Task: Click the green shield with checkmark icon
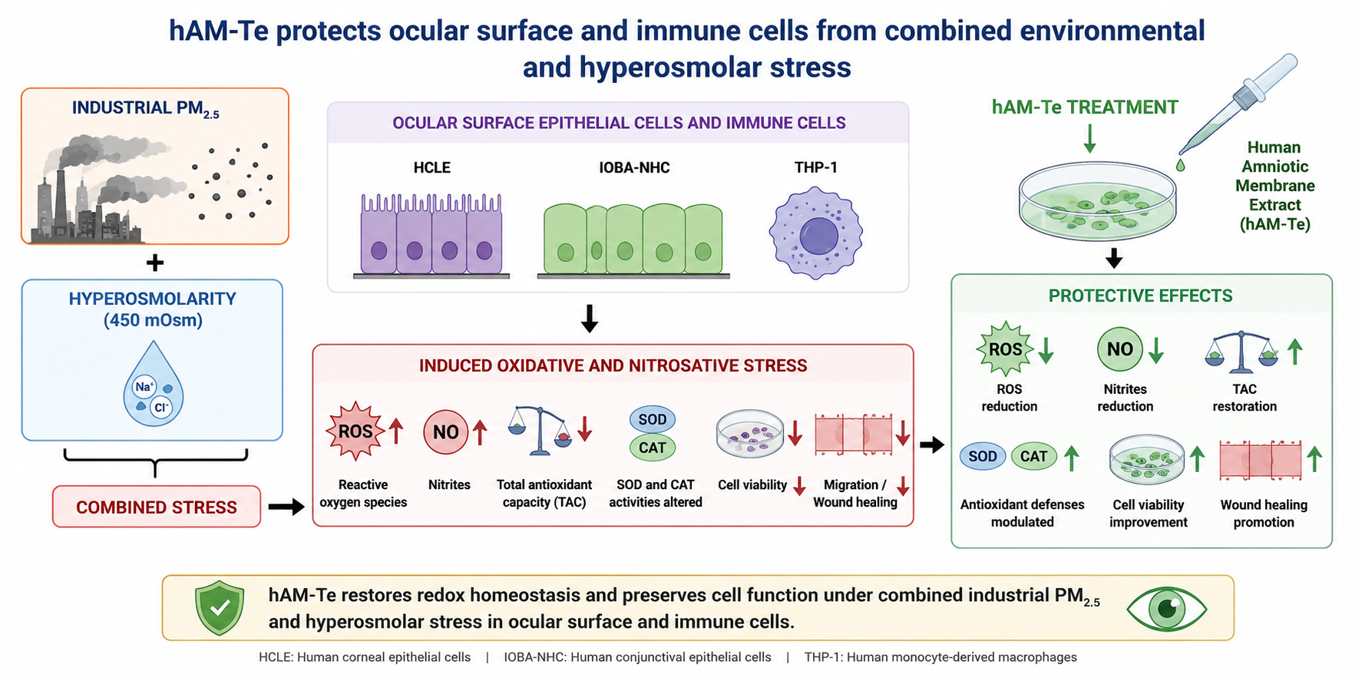click(220, 608)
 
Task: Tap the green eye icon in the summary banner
click(1166, 609)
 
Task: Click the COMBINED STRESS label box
click(157, 507)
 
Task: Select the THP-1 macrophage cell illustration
click(815, 233)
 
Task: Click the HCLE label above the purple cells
click(431, 167)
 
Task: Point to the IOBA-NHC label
click(634, 167)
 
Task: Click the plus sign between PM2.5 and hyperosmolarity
click(155, 263)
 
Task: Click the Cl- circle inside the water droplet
click(161, 407)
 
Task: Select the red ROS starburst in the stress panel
click(355, 431)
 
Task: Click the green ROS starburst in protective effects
click(1005, 349)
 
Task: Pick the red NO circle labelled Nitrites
click(446, 432)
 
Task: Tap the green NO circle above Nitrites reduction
click(1120, 349)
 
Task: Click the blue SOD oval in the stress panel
click(653, 419)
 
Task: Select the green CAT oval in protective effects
click(1034, 456)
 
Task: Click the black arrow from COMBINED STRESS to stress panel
click(286, 507)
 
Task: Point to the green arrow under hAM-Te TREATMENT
click(1089, 138)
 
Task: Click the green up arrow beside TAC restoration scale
click(1294, 351)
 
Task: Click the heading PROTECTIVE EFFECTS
click(1141, 296)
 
